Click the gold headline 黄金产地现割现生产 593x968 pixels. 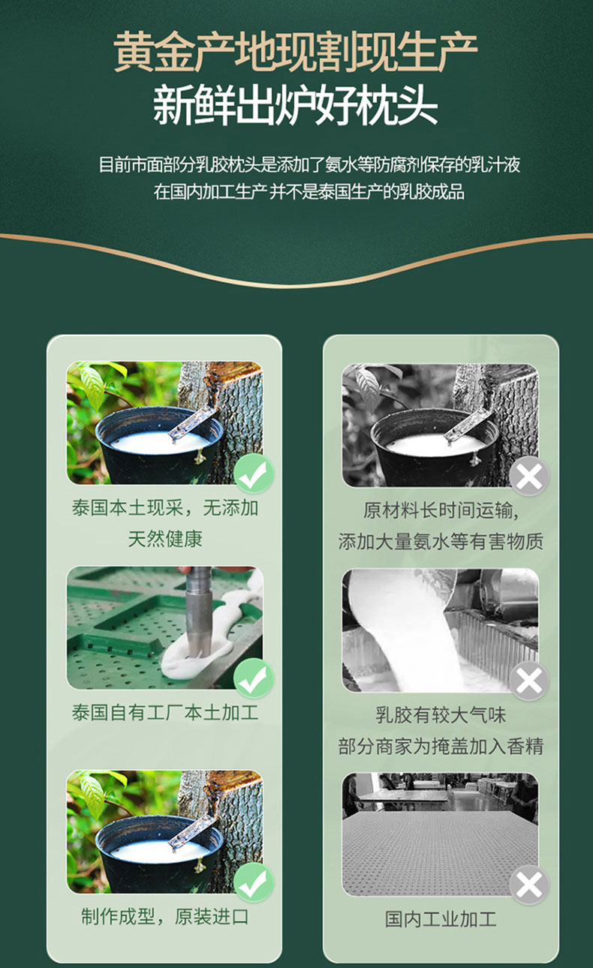296,52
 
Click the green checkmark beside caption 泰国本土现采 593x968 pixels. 254,474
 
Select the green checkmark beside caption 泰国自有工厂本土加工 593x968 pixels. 254,678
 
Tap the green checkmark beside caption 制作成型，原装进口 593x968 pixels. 254,883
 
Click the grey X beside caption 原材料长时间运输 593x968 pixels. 529,476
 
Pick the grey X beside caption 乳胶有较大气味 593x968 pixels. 529,681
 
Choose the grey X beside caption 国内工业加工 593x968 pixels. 529,885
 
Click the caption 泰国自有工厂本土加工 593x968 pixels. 165,713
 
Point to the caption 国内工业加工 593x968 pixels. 441,919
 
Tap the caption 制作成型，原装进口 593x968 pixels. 165,916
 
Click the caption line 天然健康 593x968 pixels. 165,539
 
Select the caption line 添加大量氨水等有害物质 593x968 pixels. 441,542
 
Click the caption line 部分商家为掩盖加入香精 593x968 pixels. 441,747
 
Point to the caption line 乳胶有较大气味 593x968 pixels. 441,715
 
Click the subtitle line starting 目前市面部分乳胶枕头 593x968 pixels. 309,164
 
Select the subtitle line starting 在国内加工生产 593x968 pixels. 309,191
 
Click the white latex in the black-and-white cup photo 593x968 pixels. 435,444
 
